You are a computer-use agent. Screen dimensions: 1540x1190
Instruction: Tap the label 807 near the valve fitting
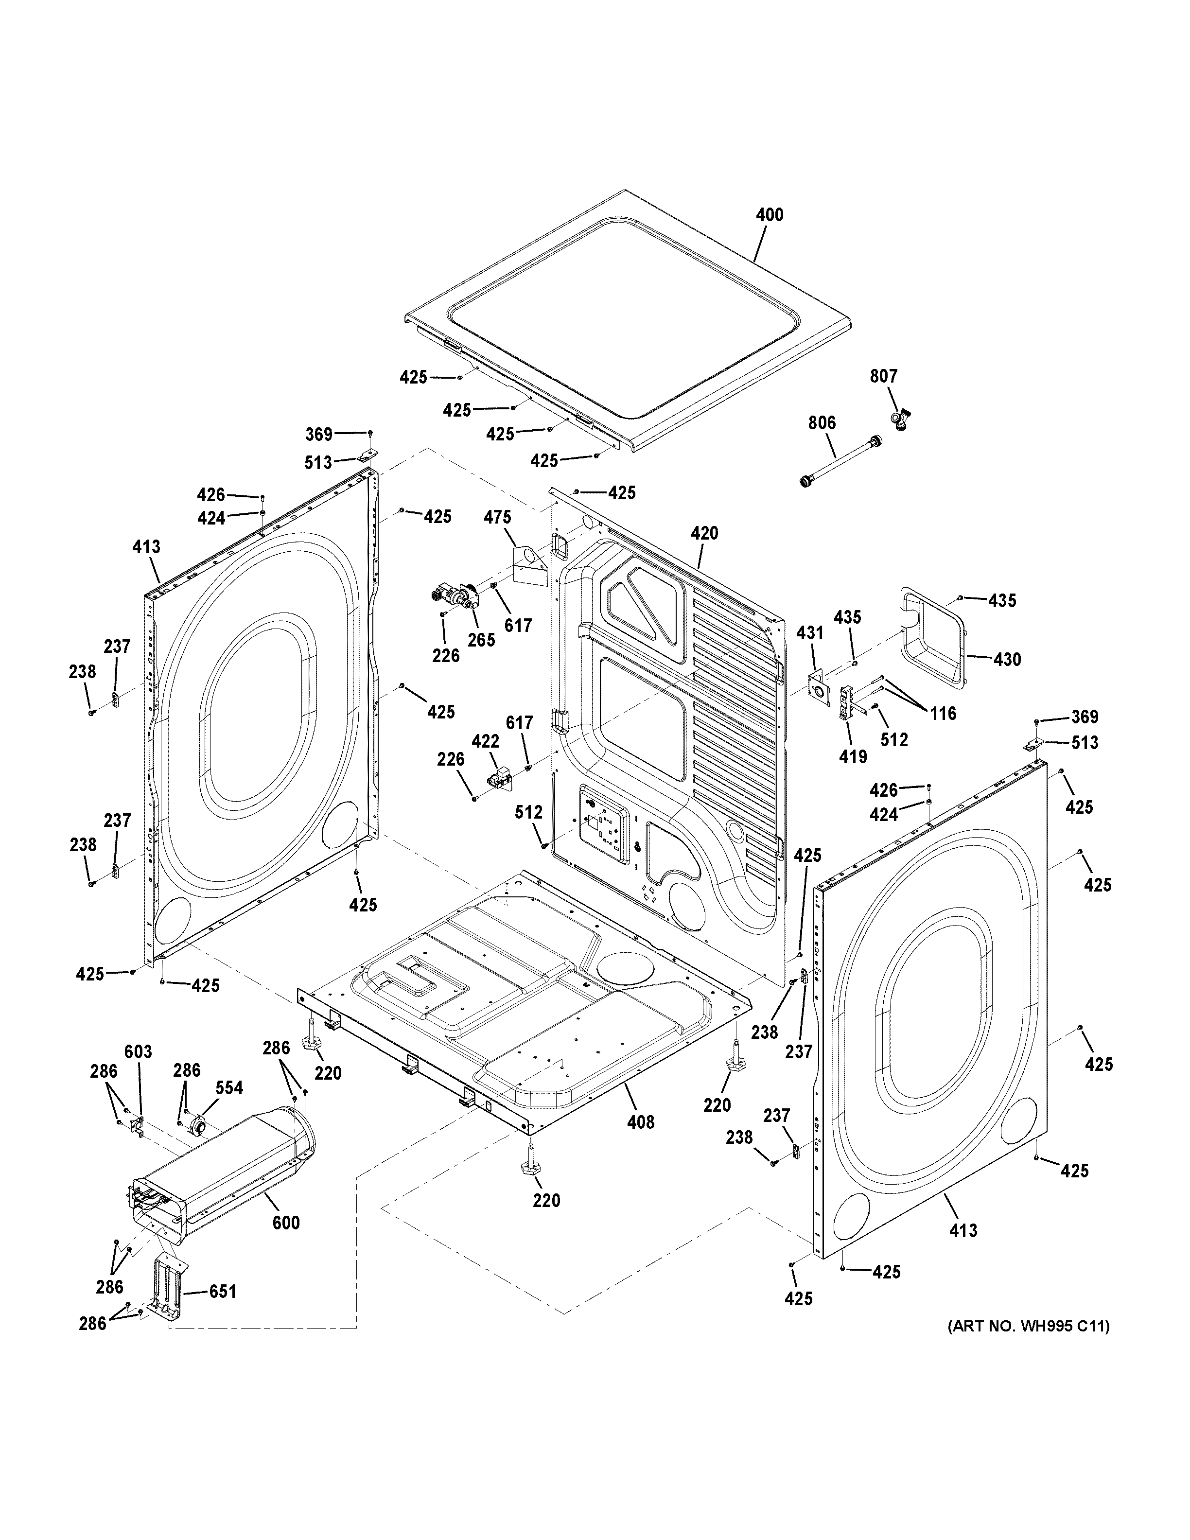(x=883, y=377)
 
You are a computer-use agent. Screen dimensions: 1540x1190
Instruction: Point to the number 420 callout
(x=704, y=533)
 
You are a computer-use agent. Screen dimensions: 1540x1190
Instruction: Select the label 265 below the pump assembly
(x=482, y=640)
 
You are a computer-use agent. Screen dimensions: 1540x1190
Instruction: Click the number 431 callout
(x=809, y=633)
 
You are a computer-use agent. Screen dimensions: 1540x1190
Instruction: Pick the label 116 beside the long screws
(x=943, y=714)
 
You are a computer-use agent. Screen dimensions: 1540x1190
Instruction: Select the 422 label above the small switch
(x=485, y=741)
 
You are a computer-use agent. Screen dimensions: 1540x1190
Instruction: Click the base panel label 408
(x=641, y=1121)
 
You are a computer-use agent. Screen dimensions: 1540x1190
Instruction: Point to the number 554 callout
(x=229, y=1088)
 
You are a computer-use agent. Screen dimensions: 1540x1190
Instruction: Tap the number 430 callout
(x=1007, y=659)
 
